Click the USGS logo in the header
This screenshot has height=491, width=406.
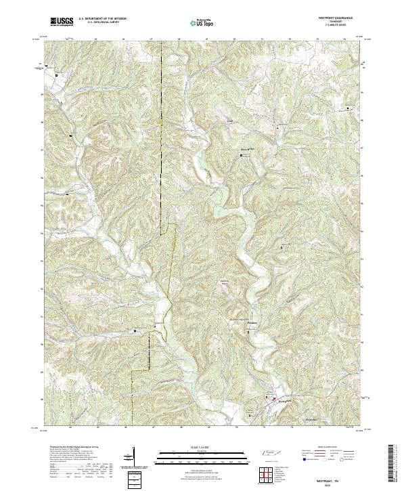tap(60, 22)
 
